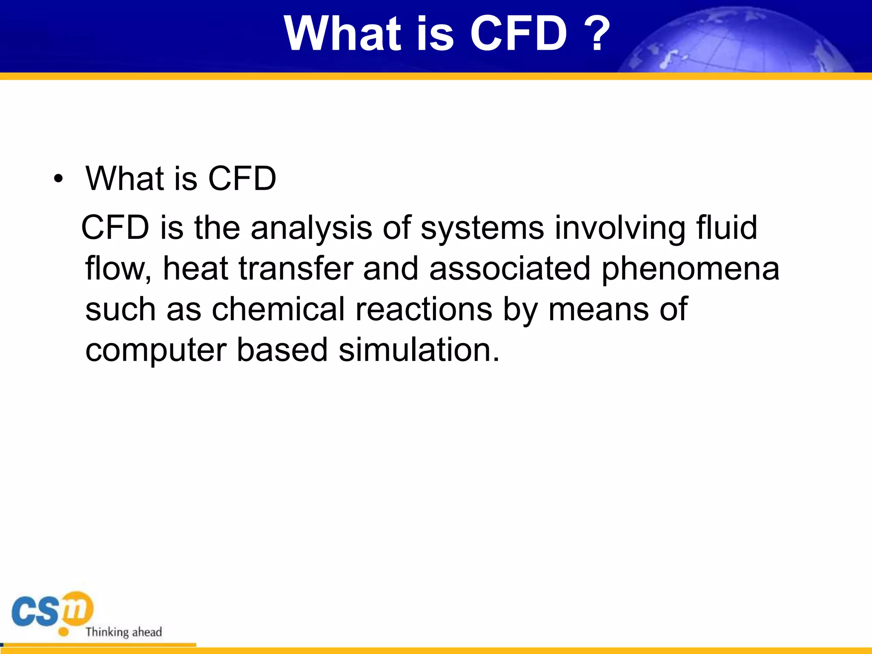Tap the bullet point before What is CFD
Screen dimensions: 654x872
pyautogui.click(x=58, y=179)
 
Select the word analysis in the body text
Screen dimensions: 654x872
pyautogui.click(x=311, y=228)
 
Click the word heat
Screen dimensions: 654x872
pyautogui.click(x=195, y=269)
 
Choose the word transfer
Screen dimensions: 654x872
pyautogui.click(x=296, y=269)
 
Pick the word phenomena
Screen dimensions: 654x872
pyautogui.click(x=690, y=270)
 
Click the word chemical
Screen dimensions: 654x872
pyautogui.click(x=278, y=309)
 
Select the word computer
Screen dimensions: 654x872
pyautogui.click(x=155, y=350)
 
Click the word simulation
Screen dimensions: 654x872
pyautogui.click(x=419, y=350)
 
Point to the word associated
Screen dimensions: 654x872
pyautogui.click(x=510, y=269)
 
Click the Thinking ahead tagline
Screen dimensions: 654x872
pyautogui.click(x=123, y=632)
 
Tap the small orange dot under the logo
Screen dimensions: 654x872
pyautogui.click(x=63, y=632)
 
